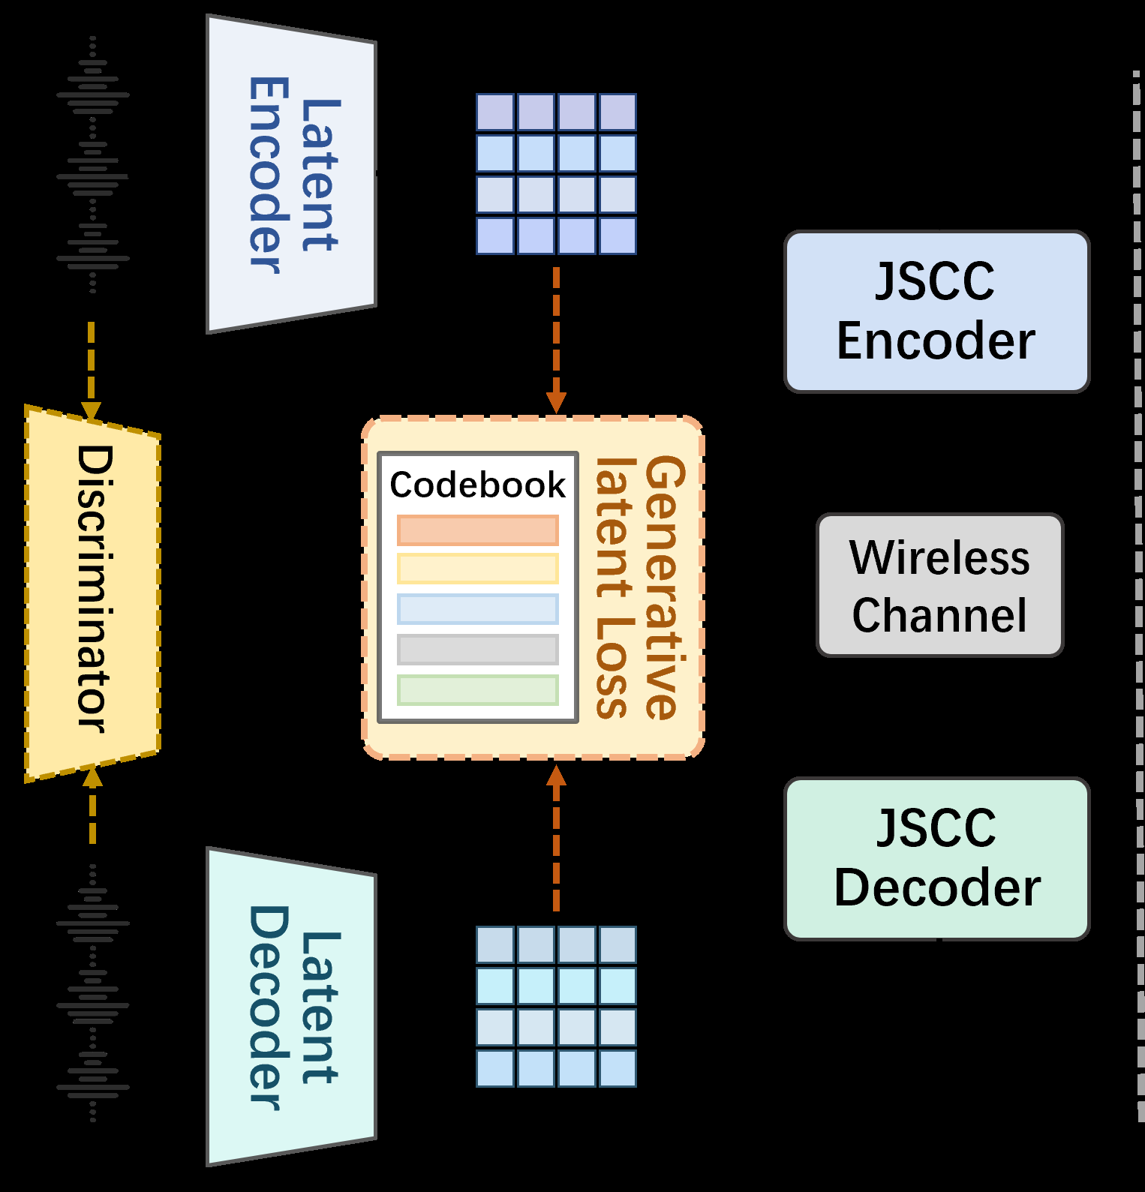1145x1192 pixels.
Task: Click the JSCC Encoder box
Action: pyautogui.click(x=936, y=311)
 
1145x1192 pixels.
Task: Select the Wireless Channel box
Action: pyautogui.click(x=939, y=585)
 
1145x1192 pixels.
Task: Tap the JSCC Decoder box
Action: pyautogui.click(x=936, y=858)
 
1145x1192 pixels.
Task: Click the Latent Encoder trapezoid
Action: pyautogui.click(x=291, y=174)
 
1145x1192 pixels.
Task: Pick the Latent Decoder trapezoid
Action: pyautogui.click(x=291, y=1007)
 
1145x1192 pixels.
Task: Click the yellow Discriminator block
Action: pyautogui.click(x=93, y=593)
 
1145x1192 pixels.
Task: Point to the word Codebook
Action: pyautogui.click(x=477, y=485)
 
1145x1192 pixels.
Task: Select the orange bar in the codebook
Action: pyautogui.click(x=477, y=530)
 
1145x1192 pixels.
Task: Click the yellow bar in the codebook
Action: pyautogui.click(x=477, y=569)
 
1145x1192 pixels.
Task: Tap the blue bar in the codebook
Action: pyautogui.click(x=477, y=609)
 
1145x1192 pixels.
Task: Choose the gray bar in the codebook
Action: pyautogui.click(x=477, y=650)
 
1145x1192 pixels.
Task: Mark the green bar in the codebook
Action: pyautogui.click(x=477, y=690)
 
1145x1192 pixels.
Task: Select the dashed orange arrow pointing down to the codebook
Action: pyautogui.click(x=556, y=338)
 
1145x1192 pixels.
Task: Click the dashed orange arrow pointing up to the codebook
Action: pyautogui.click(x=556, y=840)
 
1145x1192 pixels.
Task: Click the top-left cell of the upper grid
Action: pyautogui.click(x=495, y=113)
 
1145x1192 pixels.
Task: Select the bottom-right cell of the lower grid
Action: pyautogui.click(x=618, y=1068)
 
